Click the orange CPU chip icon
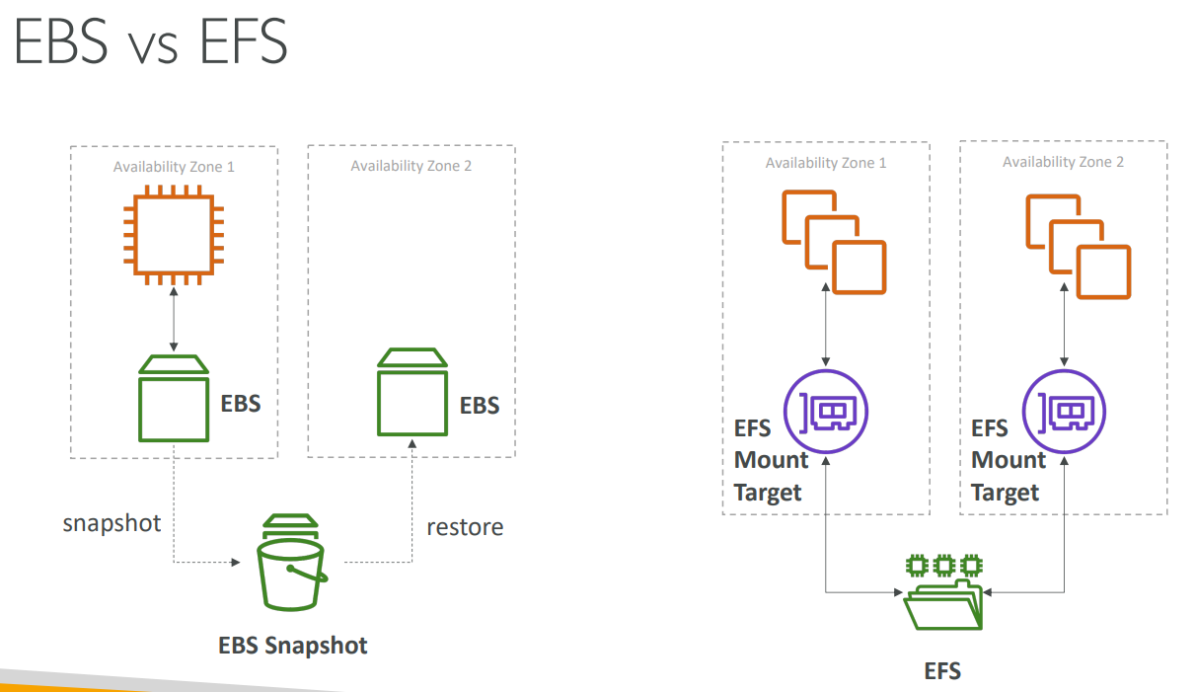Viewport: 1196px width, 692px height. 174,234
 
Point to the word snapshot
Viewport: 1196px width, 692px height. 112,522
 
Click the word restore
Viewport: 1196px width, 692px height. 465,527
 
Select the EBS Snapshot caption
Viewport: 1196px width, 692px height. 292,646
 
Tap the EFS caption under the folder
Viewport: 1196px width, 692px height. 942,671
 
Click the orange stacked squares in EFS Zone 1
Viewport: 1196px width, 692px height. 833,243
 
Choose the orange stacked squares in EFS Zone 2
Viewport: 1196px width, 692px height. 1078,247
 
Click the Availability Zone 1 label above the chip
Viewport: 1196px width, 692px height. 174,167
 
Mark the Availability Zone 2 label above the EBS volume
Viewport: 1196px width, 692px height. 411,166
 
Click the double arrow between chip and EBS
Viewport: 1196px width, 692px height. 174,319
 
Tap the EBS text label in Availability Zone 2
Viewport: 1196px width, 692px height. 480,406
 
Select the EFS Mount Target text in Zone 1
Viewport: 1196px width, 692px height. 770,460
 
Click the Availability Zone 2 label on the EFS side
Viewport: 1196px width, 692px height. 1063,162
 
